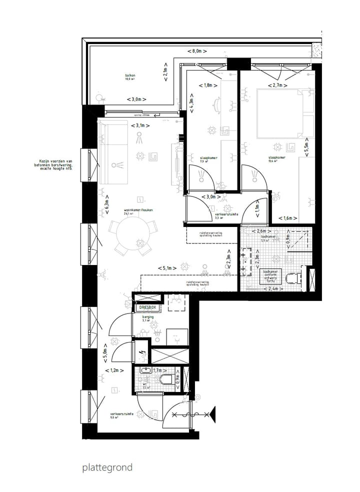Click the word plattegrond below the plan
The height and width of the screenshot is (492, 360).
(107, 468)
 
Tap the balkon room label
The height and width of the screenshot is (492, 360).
(130, 76)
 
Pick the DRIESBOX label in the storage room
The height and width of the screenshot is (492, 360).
(147, 307)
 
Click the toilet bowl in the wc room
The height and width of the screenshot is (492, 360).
(169, 379)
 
